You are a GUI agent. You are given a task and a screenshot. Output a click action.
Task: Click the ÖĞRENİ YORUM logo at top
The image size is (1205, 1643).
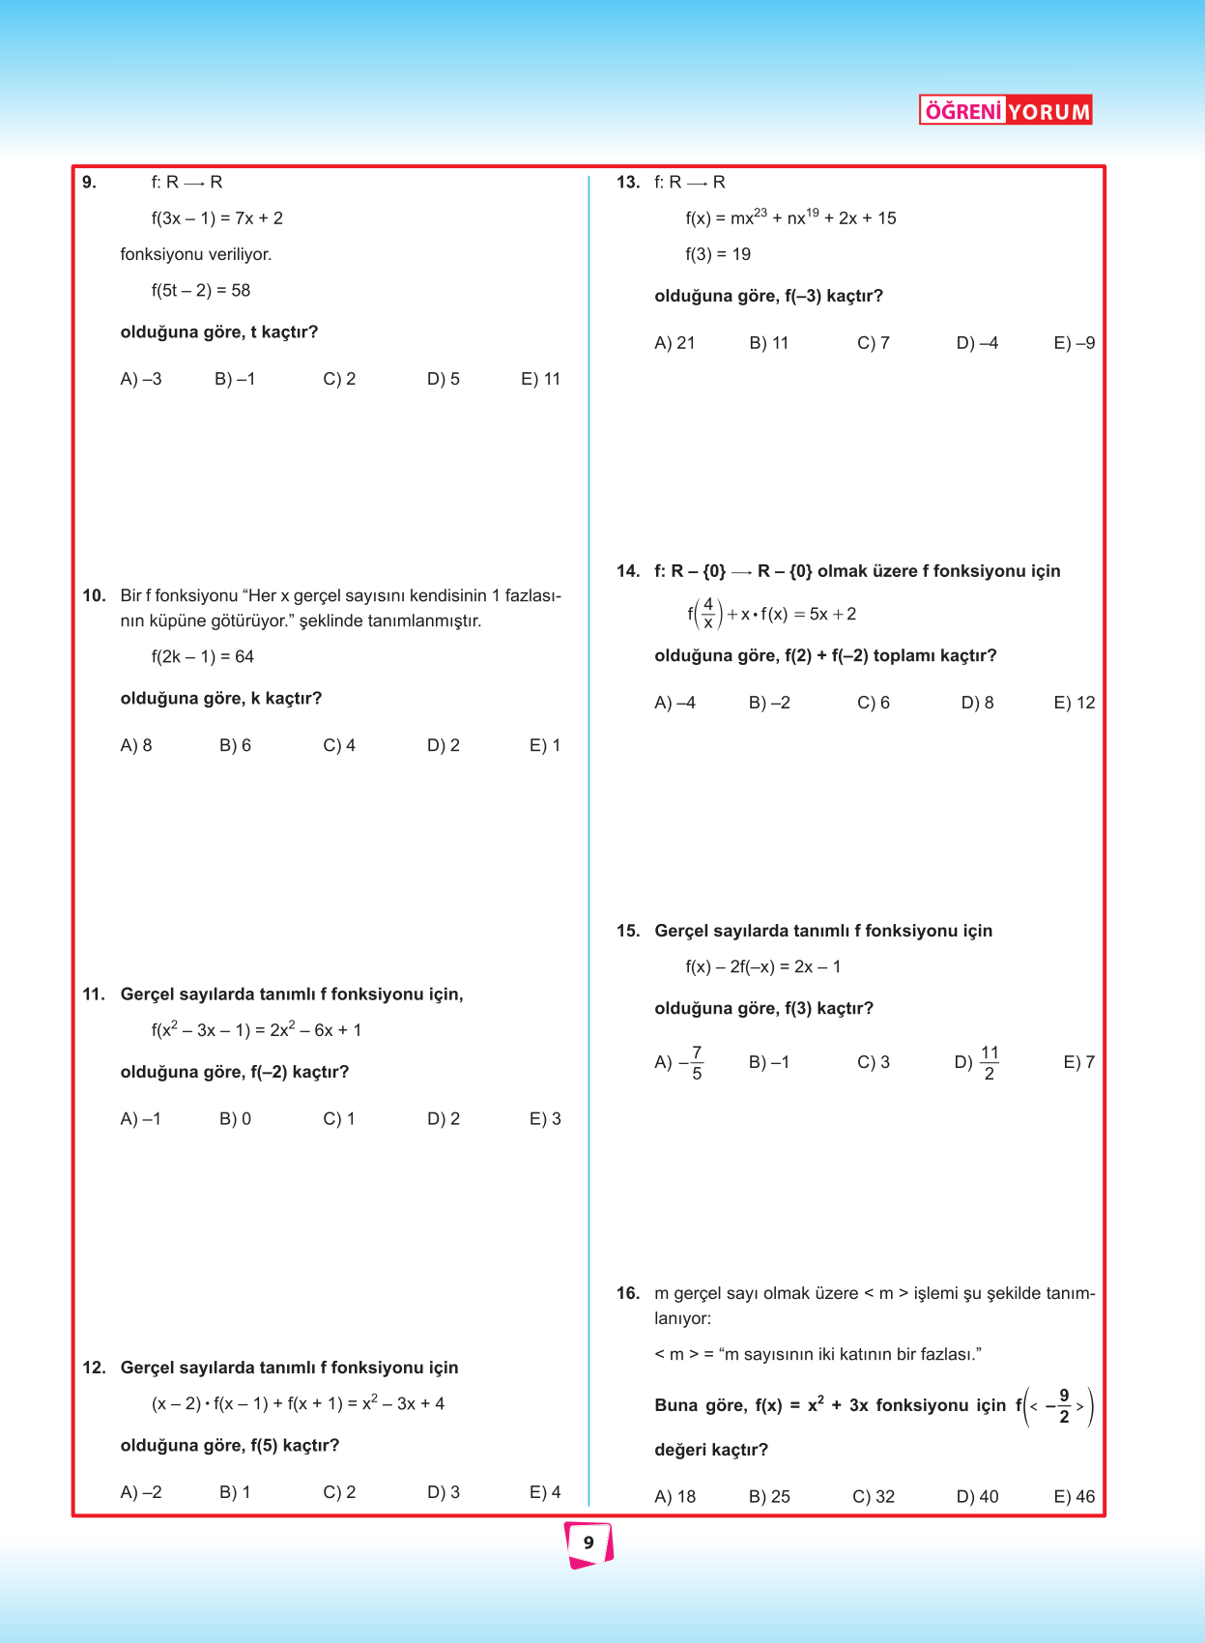point(1005,110)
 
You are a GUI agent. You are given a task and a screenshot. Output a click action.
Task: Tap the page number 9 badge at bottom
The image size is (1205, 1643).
point(588,1542)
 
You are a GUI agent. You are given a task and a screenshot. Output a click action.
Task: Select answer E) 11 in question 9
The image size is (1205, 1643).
point(540,379)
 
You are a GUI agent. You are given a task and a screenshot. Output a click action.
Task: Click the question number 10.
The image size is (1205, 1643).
point(94,595)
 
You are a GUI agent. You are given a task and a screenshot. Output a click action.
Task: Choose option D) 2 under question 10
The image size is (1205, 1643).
point(444,745)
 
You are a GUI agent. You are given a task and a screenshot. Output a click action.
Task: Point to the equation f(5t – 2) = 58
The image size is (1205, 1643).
point(201,290)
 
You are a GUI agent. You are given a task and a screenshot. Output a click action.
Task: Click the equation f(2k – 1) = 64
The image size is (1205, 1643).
point(203,656)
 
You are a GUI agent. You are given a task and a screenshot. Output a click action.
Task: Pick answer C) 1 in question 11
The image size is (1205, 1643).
point(339,1118)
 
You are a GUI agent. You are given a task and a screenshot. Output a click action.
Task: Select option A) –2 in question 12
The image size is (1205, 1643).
point(141,1492)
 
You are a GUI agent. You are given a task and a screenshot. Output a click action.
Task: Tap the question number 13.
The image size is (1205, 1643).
point(627,183)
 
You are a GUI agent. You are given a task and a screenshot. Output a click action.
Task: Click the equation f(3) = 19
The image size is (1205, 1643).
point(718,254)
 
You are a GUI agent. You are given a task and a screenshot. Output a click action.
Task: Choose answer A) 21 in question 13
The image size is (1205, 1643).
point(674,343)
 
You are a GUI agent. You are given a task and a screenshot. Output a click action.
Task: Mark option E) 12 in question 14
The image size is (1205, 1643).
point(1074,703)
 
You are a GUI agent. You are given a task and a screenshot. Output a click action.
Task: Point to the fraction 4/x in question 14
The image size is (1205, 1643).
point(708,613)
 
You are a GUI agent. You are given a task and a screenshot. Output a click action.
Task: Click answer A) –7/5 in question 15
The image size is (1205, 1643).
point(679,1062)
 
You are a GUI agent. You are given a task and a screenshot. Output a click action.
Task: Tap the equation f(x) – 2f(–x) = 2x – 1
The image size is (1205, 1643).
point(763,966)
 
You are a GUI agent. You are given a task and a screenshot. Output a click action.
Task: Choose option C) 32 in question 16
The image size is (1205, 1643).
point(874,1496)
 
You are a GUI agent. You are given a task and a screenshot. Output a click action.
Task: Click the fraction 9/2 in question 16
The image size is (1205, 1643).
point(1064,1406)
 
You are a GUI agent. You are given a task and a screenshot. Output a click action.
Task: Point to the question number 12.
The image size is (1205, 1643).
point(94,1368)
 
